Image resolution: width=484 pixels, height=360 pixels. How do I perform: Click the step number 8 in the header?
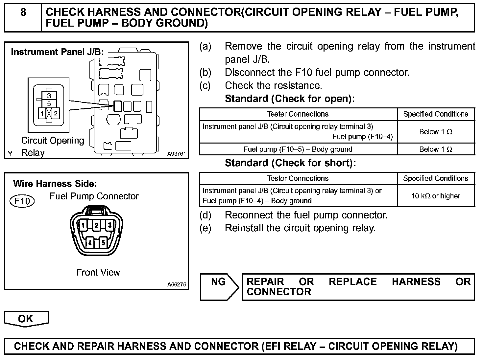(23, 12)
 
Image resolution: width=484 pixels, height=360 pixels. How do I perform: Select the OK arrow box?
(26, 319)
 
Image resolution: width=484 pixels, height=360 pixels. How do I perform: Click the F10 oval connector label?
(22, 201)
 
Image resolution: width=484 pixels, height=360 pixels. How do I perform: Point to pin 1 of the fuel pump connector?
(83, 225)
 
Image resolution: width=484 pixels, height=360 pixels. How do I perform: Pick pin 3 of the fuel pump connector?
(110, 225)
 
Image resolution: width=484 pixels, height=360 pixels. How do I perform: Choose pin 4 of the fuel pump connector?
(90, 243)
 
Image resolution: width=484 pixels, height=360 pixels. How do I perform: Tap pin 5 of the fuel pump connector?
(103, 243)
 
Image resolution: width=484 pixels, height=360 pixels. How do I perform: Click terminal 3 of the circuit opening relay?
(49, 96)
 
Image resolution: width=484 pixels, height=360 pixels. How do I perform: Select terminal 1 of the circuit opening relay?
(42, 114)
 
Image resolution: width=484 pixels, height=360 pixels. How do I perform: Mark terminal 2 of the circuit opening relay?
(56, 114)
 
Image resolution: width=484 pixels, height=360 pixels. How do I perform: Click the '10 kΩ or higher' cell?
(436, 196)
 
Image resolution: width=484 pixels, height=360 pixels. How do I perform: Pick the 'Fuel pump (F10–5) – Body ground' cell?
(298, 149)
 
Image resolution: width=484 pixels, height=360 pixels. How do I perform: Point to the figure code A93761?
(177, 154)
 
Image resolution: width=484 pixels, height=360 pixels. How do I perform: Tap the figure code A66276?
(177, 284)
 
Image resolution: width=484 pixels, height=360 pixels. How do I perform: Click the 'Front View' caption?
(98, 272)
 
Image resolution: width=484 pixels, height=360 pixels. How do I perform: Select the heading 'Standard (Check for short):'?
(290, 163)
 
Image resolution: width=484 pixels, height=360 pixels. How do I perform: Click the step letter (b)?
(205, 72)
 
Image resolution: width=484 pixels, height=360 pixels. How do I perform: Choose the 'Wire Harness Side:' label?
(55, 184)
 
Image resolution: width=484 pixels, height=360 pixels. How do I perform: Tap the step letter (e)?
(205, 228)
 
